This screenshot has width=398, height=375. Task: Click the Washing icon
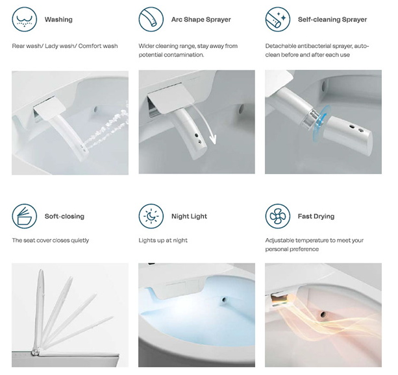click(25, 19)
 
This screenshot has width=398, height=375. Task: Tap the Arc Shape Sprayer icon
click(151, 19)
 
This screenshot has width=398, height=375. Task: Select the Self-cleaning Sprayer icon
click(278, 19)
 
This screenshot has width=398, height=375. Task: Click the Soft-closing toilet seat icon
click(25, 216)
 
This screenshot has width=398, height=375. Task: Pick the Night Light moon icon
click(151, 216)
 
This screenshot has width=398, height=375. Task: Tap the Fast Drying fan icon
click(278, 216)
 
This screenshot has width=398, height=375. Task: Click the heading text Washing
click(58, 19)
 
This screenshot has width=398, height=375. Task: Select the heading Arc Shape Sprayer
click(201, 19)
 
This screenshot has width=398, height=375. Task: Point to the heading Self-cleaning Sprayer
click(332, 19)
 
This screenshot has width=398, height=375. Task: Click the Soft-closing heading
click(64, 217)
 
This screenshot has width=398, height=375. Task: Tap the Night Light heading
click(189, 217)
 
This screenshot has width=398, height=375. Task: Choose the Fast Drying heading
click(316, 217)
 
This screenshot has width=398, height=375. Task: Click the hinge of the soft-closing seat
click(35, 352)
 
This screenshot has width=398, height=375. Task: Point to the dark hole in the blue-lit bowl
click(224, 300)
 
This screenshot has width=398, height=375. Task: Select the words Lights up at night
click(163, 240)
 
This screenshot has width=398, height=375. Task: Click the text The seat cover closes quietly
click(51, 240)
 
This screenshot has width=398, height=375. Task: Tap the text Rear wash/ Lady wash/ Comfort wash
click(65, 46)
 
